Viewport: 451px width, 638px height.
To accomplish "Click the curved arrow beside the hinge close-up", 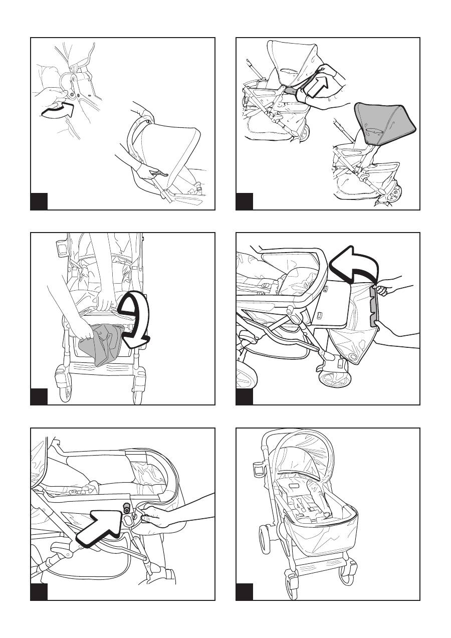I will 56,111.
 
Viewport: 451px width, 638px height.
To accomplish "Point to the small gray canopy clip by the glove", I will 290,91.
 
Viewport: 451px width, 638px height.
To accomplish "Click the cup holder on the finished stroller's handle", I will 258,472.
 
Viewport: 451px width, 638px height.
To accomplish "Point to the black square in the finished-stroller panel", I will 245,591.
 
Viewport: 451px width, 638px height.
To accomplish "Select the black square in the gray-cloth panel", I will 39,396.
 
